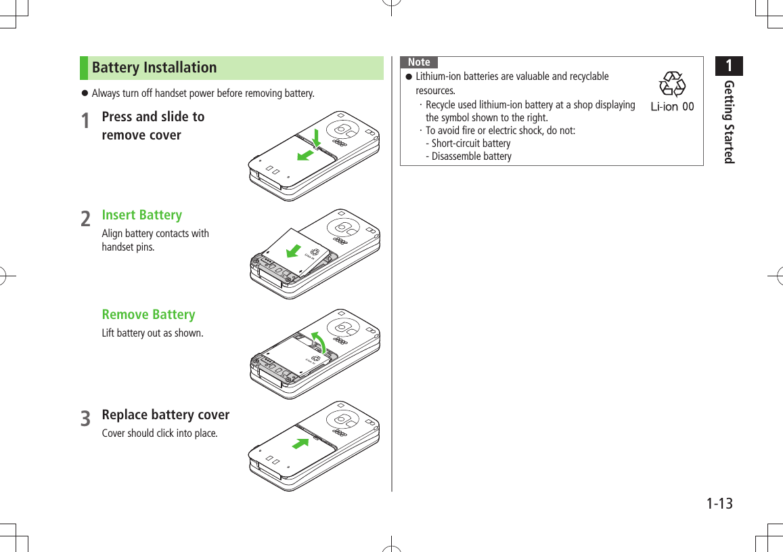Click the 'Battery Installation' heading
tap(154, 68)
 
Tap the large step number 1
tap(85, 121)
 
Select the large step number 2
tap(85, 219)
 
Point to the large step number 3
tap(85, 419)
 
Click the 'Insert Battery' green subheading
tap(141, 215)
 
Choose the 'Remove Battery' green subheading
tap(148, 314)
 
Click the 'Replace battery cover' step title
tap(165, 415)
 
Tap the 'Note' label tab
tap(419, 62)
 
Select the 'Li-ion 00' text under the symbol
tap(671, 106)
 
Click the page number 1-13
tap(719, 504)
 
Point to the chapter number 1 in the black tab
tap(729, 66)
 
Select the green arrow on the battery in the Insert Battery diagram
tap(294, 250)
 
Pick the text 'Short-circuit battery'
tap(470, 144)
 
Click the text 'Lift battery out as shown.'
tap(152, 333)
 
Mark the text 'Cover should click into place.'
tap(160, 433)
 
